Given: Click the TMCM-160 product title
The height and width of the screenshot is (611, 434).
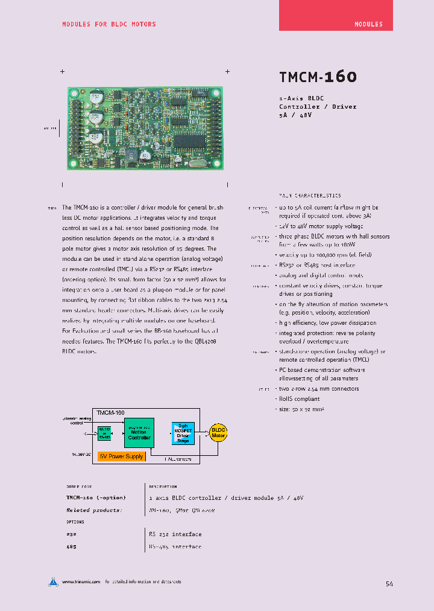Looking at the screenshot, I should tap(318, 77).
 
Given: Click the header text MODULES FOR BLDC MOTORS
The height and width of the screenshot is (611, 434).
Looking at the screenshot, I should tap(109, 24).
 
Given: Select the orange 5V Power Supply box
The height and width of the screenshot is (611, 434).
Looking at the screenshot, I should tap(121, 456).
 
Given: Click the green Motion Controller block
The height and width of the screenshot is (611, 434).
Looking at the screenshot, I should tap(139, 433).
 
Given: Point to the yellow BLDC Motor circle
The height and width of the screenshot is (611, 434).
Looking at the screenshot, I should tap(218, 432).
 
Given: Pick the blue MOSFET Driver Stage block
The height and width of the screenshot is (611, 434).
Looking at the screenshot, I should tap(183, 433).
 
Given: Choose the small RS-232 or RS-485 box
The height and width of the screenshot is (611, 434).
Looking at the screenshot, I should tap(104, 433).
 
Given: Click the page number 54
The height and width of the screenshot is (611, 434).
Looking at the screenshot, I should tap(389, 584).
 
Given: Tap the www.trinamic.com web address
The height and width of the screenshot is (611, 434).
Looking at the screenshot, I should tap(81, 582).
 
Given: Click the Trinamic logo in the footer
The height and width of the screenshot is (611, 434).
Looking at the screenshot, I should tap(54, 582).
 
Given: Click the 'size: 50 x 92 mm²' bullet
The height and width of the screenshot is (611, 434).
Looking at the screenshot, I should tap(302, 409).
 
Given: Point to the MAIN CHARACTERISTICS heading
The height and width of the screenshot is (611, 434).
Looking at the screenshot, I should tap(310, 196).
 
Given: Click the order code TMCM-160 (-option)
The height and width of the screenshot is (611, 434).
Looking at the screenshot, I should tap(96, 497).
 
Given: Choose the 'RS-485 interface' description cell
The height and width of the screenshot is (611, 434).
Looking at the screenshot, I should tap(175, 546).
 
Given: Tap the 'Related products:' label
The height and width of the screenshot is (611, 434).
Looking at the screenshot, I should tap(94, 510).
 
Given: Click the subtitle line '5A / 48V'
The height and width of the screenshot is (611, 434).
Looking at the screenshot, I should tap(295, 115).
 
